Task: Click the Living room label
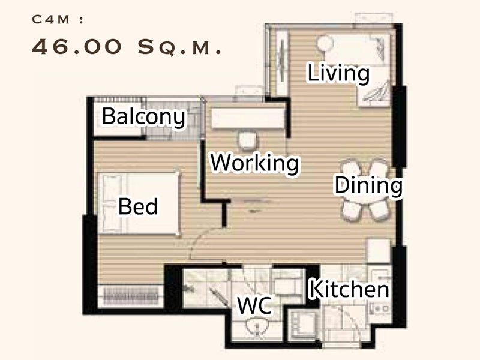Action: pyautogui.click(x=338, y=73)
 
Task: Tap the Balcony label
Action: pyautogui.click(x=143, y=117)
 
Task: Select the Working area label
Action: pyautogui.click(x=254, y=163)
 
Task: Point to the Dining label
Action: pyautogui.click(x=368, y=185)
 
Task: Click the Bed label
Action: pyautogui.click(x=138, y=206)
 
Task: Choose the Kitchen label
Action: pyautogui.click(x=349, y=289)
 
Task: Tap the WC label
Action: pyautogui.click(x=254, y=305)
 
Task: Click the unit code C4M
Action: pyautogui.click(x=51, y=20)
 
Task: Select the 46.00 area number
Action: pyautogui.click(x=77, y=47)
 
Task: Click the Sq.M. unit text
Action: pyautogui.click(x=179, y=47)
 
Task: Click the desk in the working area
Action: pyautogui.click(x=248, y=118)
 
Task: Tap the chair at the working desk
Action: pyautogui.click(x=247, y=141)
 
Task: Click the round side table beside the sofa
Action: pyautogui.click(x=325, y=43)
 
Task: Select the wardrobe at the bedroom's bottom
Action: pyautogui.click(x=131, y=296)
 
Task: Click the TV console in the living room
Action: pyautogui.click(x=282, y=64)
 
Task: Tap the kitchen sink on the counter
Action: pyautogui.click(x=380, y=309)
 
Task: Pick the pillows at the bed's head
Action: pyautogui.click(x=112, y=203)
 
